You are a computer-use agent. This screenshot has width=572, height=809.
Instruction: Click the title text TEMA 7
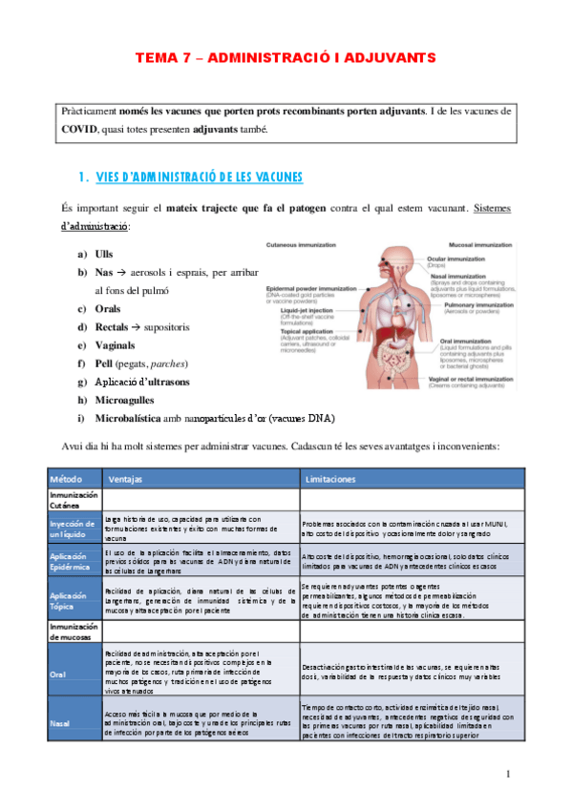tap(164, 58)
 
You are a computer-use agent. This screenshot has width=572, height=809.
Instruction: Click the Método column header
tap(65, 479)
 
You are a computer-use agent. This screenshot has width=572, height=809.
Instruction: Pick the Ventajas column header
tap(125, 479)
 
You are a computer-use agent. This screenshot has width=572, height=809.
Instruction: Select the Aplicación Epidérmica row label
tap(73, 561)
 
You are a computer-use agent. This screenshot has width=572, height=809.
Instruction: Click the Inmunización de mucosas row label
tap(73, 630)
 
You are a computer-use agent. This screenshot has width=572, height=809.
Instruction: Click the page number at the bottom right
tap(509, 773)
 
